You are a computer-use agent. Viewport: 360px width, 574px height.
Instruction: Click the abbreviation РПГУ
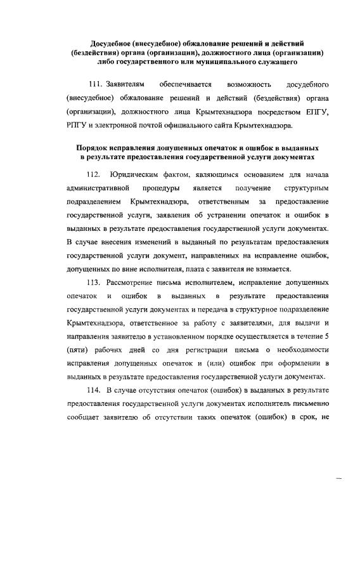pyautogui.click(x=77, y=125)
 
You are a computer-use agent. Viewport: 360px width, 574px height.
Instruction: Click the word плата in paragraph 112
pyautogui.click(x=221, y=269)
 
